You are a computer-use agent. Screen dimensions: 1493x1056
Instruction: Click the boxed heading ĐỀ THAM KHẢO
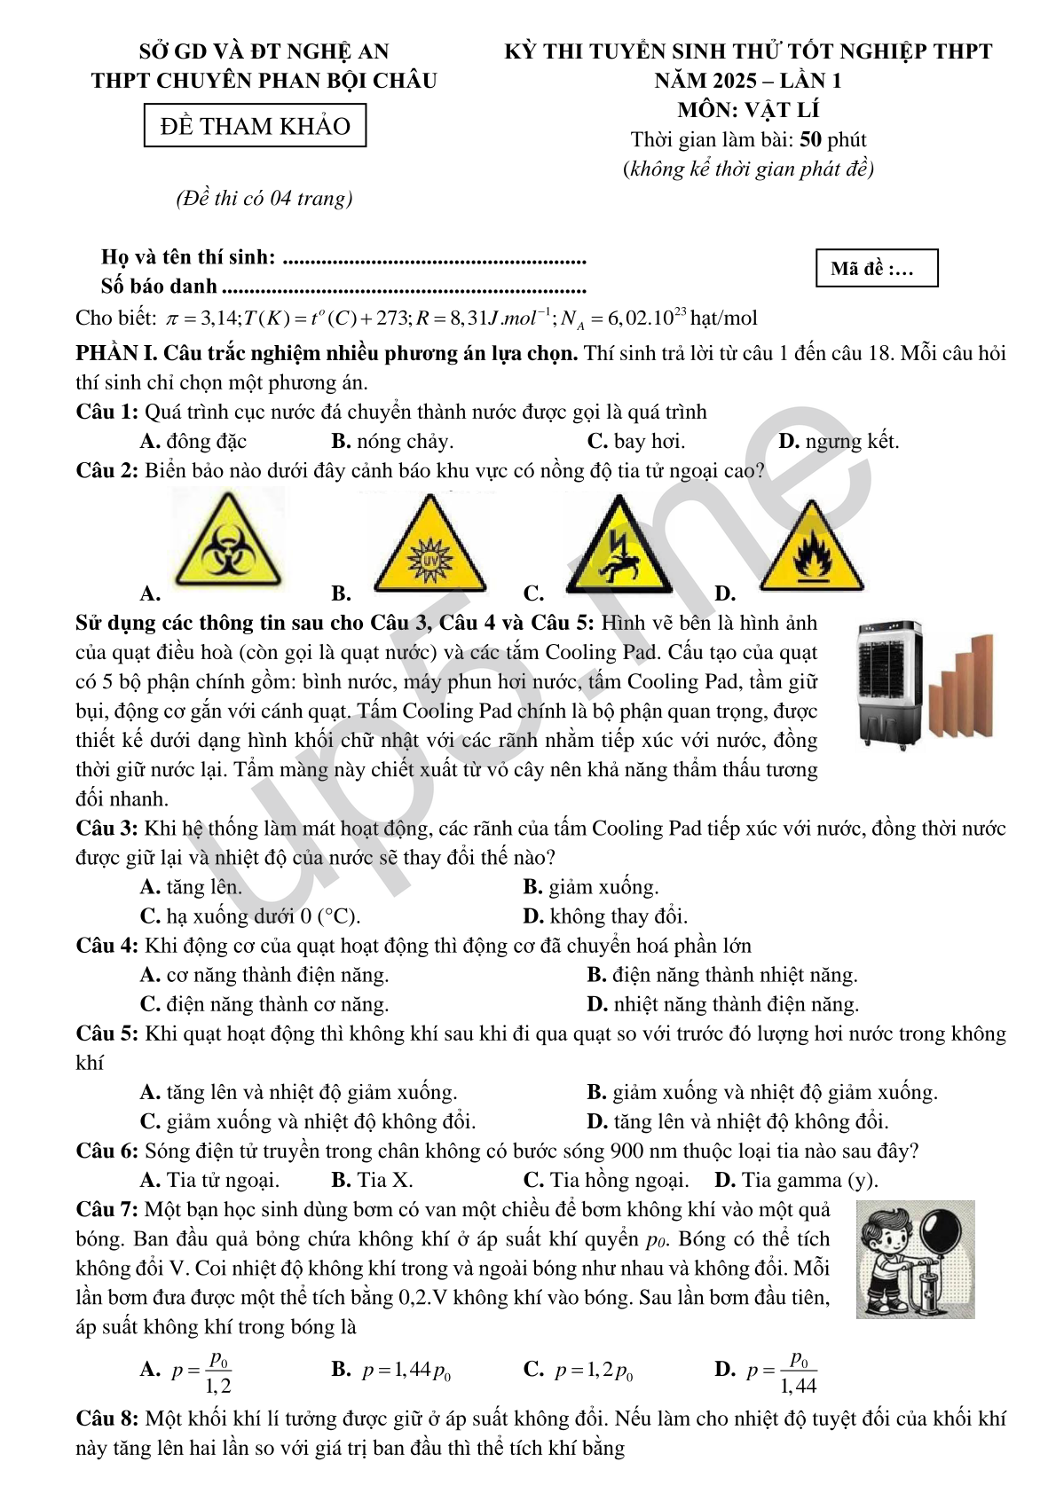pos(255,126)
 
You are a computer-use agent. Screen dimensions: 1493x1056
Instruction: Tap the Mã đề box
pos(876,268)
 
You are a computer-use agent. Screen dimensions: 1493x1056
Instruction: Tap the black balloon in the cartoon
pos(941,1231)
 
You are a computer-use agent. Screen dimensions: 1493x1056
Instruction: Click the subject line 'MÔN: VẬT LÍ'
pos(748,110)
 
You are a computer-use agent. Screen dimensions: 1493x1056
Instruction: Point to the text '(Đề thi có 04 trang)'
pos(264,198)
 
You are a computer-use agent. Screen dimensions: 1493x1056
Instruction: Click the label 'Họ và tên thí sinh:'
pos(188,257)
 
